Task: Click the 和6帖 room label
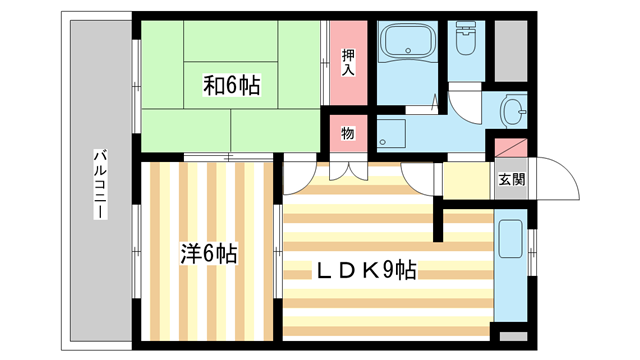[x=231, y=85]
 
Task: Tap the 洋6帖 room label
[x=209, y=254]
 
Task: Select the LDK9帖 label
[x=366, y=270]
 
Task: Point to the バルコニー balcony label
[x=100, y=184]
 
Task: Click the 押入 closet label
[x=348, y=62]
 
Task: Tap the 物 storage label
[x=348, y=133]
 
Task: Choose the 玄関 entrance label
[x=511, y=179]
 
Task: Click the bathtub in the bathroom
[x=408, y=41]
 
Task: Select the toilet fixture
[x=466, y=38]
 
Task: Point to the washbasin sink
[x=513, y=111]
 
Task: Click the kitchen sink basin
[x=510, y=239]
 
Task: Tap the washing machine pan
[x=391, y=133]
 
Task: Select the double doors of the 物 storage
[x=348, y=171]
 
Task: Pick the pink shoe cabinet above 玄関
[x=511, y=148]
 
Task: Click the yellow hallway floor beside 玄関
[x=467, y=181]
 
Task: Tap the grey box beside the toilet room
[x=511, y=51]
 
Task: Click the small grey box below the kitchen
[x=513, y=336]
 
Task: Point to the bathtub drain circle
[x=408, y=51]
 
